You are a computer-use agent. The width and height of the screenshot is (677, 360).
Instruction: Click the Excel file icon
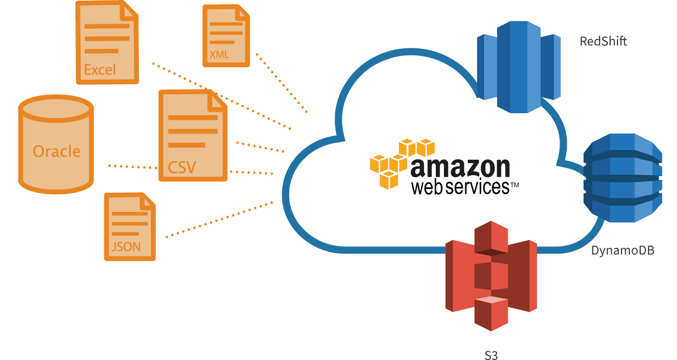[107, 43]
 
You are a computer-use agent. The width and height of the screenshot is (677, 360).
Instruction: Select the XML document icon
[226, 36]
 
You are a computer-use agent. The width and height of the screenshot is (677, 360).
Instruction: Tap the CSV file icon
[193, 135]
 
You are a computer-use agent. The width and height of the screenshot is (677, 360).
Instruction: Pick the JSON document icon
[130, 226]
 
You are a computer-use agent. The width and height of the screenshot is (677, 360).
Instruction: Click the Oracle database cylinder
[56, 144]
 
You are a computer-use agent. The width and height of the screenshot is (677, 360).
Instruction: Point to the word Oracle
[57, 151]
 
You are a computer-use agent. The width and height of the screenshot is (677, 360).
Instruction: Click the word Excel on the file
[100, 70]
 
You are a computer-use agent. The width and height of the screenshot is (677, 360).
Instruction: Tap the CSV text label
[182, 167]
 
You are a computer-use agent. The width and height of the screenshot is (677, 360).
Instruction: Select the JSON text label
[126, 247]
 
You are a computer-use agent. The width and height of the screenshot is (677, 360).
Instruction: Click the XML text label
[220, 55]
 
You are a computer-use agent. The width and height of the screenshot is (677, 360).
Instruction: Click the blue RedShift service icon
[518, 67]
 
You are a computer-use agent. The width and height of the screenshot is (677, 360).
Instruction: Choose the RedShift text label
[603, 41]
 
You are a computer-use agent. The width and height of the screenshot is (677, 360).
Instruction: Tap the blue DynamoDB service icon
[623, 178]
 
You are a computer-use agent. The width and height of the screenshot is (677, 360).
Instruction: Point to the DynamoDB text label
[623, 251]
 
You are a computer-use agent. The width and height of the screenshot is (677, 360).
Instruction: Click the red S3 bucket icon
[491, 276]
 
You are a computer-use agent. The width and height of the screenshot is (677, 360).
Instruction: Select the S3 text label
[491, 355]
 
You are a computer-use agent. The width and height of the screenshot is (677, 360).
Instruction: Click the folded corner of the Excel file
[130, 12]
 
